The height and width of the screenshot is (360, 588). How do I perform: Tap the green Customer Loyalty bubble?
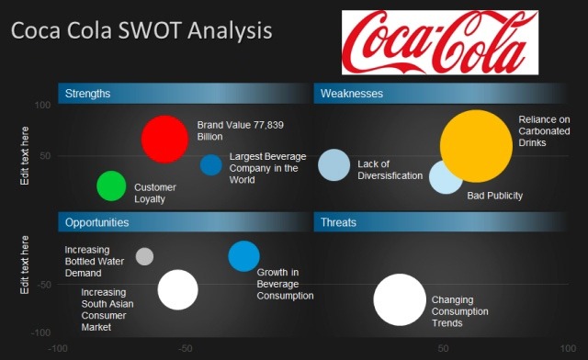111,186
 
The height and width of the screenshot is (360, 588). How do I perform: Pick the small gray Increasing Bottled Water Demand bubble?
144,256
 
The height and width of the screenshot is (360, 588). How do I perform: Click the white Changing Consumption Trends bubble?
401,300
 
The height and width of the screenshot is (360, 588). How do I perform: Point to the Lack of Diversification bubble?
334,164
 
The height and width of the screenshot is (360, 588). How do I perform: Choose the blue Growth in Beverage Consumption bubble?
243,256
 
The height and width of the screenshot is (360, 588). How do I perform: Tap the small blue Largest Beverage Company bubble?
211,165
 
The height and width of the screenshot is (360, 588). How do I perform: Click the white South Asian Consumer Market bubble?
177,290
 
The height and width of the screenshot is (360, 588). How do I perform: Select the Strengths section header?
88,94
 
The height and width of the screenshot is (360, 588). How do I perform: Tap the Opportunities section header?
97,222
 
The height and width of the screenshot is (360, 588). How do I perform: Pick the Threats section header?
339,222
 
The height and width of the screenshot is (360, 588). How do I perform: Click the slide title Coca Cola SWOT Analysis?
141,31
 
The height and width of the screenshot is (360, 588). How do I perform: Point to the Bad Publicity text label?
494,196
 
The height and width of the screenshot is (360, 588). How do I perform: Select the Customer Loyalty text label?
154,193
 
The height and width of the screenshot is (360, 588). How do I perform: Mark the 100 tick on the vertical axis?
42,106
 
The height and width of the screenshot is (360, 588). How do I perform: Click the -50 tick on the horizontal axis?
185,349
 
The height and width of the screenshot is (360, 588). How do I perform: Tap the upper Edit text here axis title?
26,156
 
